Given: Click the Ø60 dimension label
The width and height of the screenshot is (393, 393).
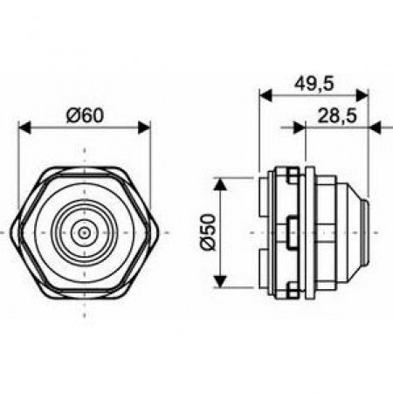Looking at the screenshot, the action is (85, 115).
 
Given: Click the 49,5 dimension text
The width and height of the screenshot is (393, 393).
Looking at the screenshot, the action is (314, 84).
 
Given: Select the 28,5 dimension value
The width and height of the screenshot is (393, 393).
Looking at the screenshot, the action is (337, 116).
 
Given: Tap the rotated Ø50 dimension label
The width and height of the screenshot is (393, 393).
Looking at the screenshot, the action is (209, 232).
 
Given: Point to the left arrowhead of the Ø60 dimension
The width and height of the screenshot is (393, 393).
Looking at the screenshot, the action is (24, 128).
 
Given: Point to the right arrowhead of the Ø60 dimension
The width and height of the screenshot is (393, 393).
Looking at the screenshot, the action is (144, 128).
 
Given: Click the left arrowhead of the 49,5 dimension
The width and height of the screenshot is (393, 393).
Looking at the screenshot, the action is (265, 96).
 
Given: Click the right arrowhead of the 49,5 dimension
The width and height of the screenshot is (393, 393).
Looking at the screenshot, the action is (362, 96).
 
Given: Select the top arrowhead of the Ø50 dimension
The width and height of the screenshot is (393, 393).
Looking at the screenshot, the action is (220, 184).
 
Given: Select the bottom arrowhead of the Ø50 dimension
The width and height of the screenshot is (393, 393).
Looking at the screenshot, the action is (220, 281).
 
